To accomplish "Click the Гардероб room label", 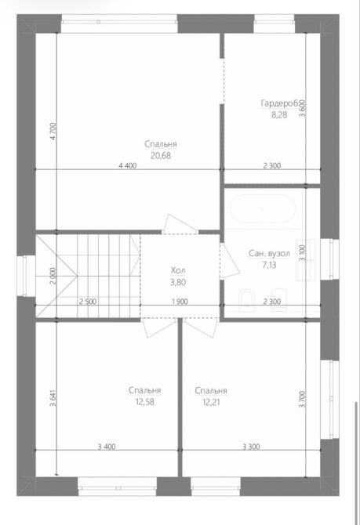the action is (x=280, y=103).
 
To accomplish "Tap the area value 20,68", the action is (x=161, y=156).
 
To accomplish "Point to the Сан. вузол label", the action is (x=269, y=253).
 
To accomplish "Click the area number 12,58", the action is (x=145, y=402).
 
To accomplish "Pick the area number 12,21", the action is (x=211, y=402).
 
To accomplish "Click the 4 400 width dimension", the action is (x=128, y=165).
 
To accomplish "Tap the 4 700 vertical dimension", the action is (x=54, y=132).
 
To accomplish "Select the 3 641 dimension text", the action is (x=53, y=398).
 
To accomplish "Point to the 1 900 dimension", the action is (x=180, y=302).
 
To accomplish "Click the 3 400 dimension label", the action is (x=107, y=447).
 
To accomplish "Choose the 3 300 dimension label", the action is (x=251, y=447).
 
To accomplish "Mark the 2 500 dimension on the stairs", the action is (x=88, y=302).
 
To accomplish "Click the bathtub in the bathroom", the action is (x=263, y=209).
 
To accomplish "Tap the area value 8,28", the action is (x=279, y=115).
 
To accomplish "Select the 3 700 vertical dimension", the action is (x=302, y=399).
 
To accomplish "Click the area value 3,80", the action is (x=178, y=282).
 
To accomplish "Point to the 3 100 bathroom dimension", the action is (x=302, y=253).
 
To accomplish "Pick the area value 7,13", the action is (x=270, y=265).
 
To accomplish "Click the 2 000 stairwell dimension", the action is (x=53, y=276).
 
